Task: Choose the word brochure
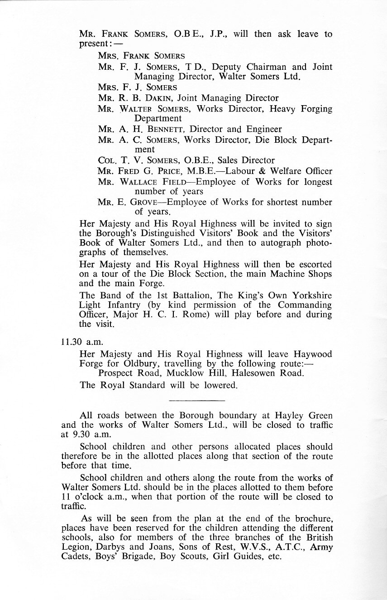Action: click(x=311, y=518)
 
